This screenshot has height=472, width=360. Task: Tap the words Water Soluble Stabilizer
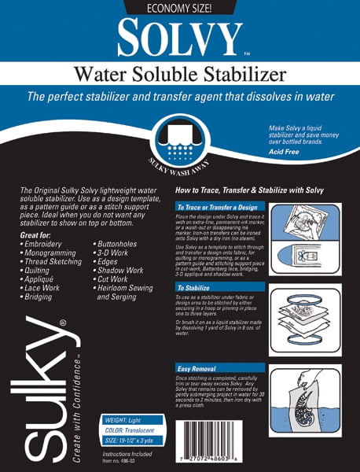(x=179, y=76)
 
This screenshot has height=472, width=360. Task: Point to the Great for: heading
(x=39, y=234)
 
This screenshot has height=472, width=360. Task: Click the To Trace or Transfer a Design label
(x=217, y=207)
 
